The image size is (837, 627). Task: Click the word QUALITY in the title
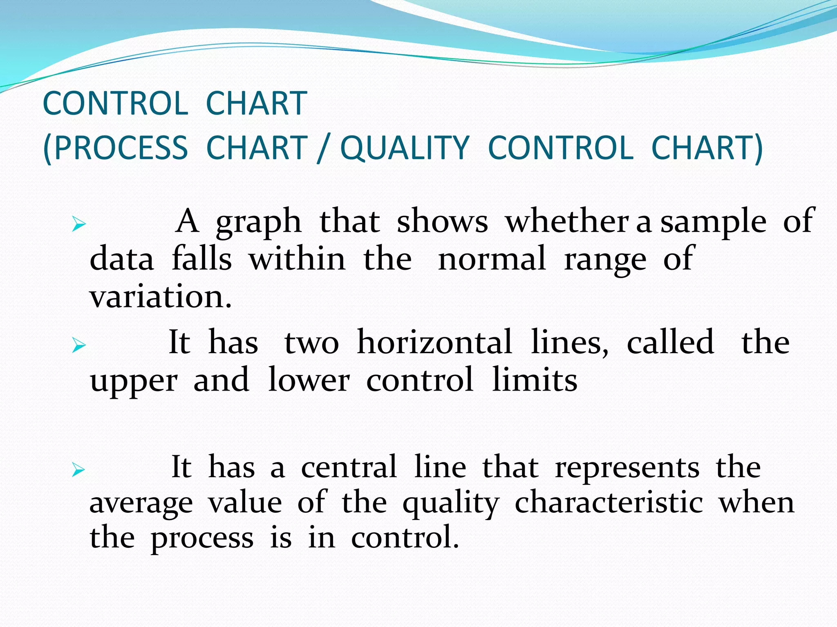405,148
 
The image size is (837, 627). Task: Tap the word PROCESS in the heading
121,148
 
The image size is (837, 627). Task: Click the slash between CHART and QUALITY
323,149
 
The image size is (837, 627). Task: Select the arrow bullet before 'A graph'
78,224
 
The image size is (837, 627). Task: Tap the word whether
567,221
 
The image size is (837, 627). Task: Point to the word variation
161,297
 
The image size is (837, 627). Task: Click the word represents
627,467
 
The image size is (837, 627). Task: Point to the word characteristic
609,503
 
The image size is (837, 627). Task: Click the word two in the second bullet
311,343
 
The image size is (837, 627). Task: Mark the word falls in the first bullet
201,258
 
